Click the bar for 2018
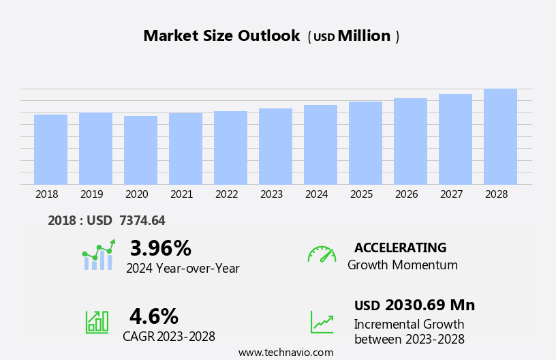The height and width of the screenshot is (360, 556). click(x=50, y=149)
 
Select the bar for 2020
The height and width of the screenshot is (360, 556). click(x=140, y=150)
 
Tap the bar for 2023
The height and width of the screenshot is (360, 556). click(x=275, y=147)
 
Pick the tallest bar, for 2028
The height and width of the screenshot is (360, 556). click(x=500, y=136)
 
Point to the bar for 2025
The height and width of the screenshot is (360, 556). click(x=365, y=143)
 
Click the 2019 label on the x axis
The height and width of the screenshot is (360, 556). click(x=91, y=194)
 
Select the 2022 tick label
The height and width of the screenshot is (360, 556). click(x=226, y=194)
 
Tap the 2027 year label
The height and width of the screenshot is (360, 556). click(x=451, y=194)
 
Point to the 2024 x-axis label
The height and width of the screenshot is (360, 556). click(x=316, y=194)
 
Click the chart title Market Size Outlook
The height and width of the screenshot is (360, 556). click(x=221, y=36)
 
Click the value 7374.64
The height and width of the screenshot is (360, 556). click(x=142, y=221)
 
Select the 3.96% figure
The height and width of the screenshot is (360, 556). click(x=161, y=249)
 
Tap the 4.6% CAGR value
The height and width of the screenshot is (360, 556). click(x=154, y=316)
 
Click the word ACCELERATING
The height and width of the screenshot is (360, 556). click(x=400, y=248)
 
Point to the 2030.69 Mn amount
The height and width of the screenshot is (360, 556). click(x=429, y=305)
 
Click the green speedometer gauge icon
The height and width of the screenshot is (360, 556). click(x=322, y=254)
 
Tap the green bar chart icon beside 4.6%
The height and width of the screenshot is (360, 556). click(x=97, y=322)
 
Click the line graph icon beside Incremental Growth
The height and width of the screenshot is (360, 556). click(x=322, y=322)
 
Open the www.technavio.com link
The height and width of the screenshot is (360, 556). click(x=285, y=352)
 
